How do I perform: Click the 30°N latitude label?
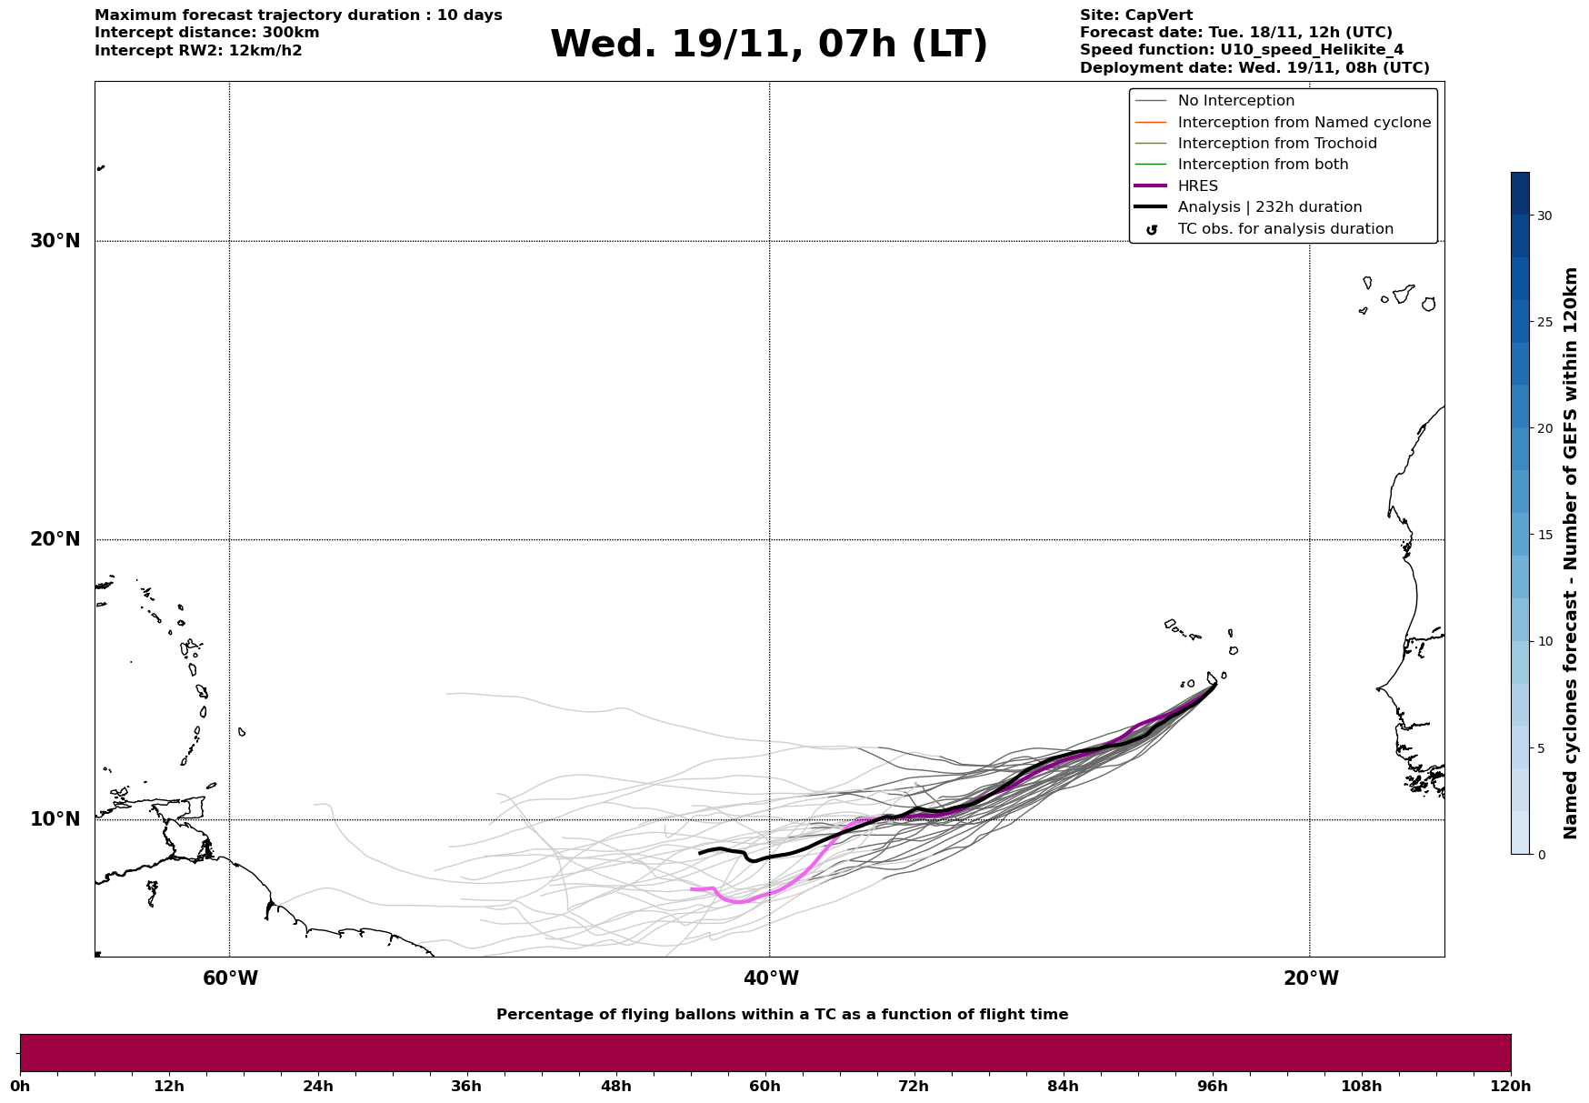pos(55,241)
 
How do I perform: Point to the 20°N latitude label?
pos(55,539)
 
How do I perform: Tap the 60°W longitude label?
pos(230,978)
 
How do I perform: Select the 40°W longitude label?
pos(771,978)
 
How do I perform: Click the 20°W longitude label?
pos(1311,978)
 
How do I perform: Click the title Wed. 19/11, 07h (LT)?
pos(768,45)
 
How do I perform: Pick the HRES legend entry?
pos(1197,186)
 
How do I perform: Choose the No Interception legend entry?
pos(1235,101)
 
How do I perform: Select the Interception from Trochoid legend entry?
pos(1276,144)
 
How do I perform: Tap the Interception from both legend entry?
pos(1263,165)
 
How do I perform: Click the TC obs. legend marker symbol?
pos(1152,230)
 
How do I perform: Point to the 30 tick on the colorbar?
pos(1544,216)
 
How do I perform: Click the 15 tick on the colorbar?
pos(1544,535)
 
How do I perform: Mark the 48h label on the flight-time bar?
pos(615,1086)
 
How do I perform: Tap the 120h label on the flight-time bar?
pos(1510,1086)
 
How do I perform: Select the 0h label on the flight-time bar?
pos(20,1086)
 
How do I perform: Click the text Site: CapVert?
pos(1135,15)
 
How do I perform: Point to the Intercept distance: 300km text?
pos(206,33)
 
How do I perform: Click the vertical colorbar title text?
pos(1570,553)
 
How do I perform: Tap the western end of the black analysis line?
pos(699,853)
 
